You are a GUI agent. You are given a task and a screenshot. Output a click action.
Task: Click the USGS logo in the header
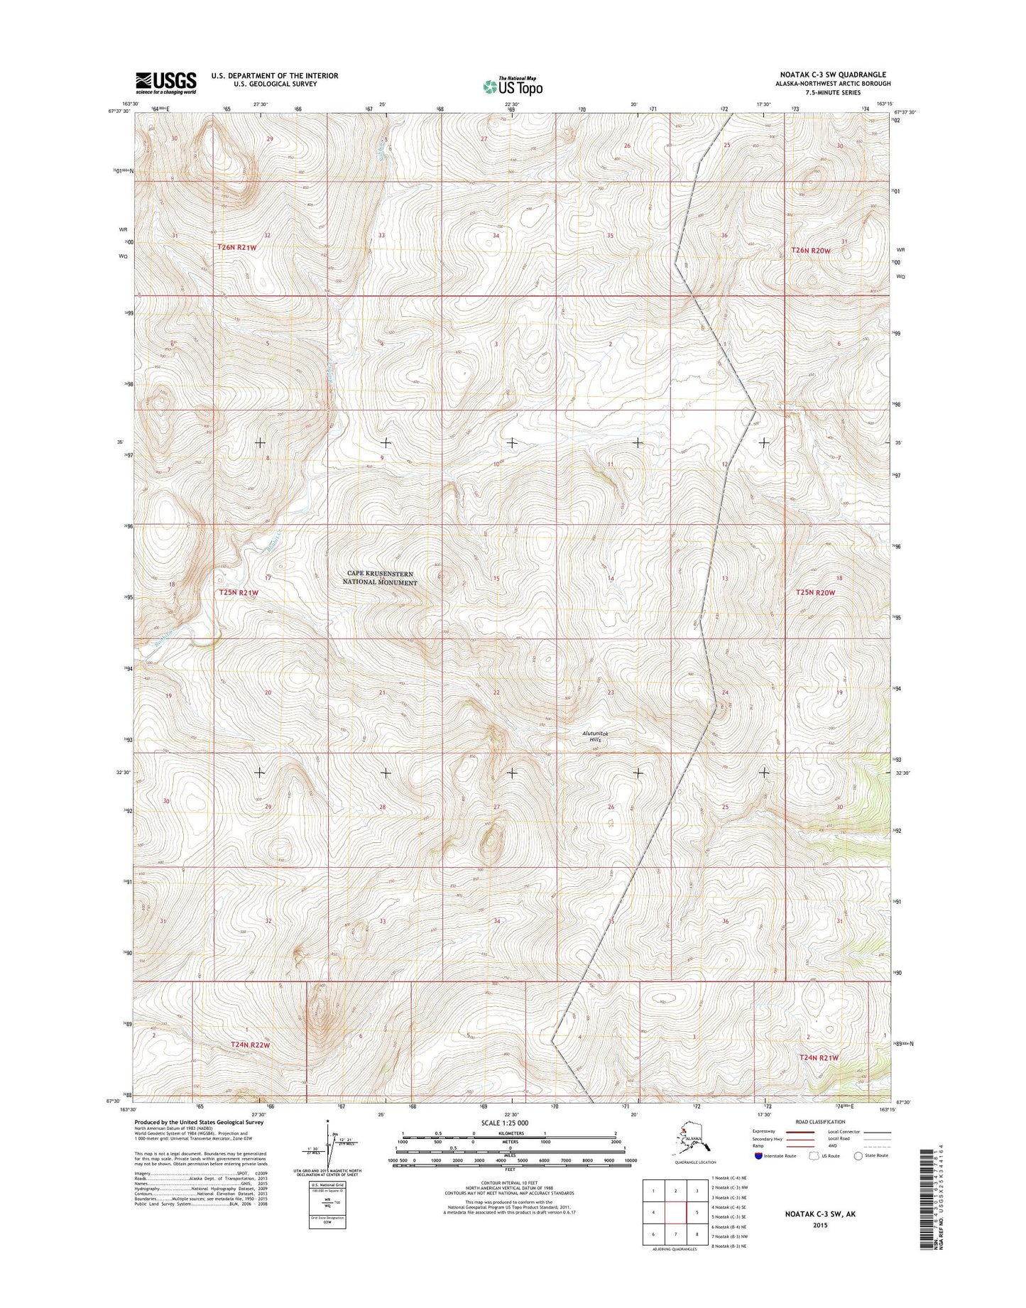(165, 82)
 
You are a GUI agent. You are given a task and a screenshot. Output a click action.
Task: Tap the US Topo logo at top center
(512, 86)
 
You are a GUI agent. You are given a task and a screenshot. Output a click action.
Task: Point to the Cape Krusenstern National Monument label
(381, 578)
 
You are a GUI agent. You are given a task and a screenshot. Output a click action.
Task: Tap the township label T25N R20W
(814, 592)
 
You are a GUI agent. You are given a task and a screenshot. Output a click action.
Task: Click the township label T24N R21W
(819, 1058)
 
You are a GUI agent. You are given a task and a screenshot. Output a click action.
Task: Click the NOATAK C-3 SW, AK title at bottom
(820, 1214)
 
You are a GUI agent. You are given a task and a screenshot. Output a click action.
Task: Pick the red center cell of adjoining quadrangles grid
(676, 1213)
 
